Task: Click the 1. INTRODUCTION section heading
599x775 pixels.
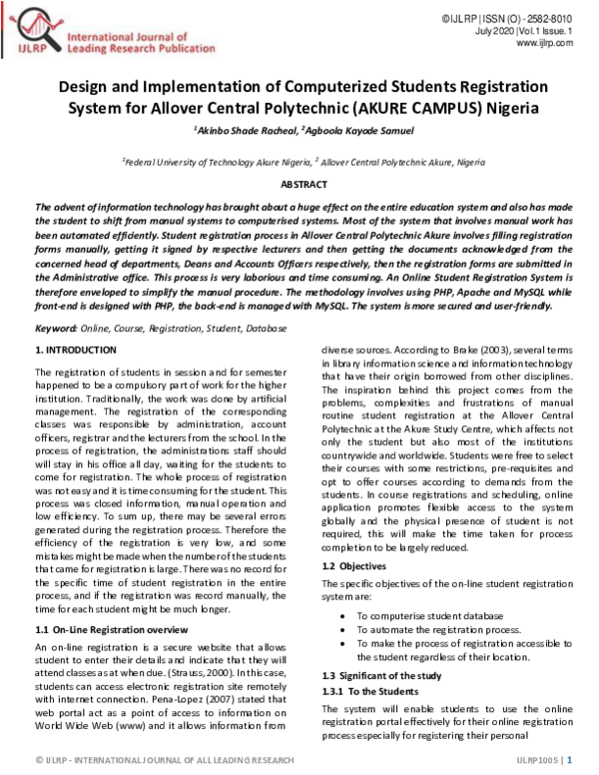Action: [x=76, y=350]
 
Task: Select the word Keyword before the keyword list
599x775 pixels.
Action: [x=56, y=328]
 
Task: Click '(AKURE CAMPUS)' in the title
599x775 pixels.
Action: [x=416, y=108]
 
